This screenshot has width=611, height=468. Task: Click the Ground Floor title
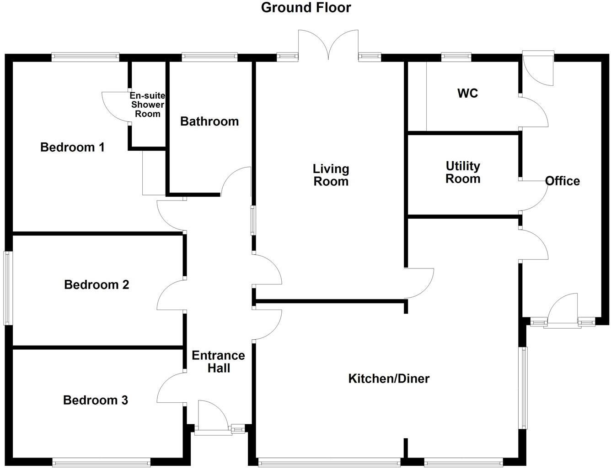(x=306, y=7)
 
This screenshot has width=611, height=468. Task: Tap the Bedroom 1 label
(x=72, y=147)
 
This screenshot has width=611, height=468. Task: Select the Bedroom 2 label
(x=96, y=285)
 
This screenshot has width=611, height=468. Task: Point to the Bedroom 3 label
(x=95, y=400)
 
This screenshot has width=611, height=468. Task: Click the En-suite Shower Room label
(x=147, y=105)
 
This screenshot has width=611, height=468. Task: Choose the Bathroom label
(x=209, y=121)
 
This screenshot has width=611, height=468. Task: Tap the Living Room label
(x=331, y=175)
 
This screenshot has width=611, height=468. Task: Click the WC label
(x=467, y=94)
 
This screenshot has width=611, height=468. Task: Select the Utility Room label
(x=463, y=173)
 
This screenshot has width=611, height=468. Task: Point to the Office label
(x=563, y=181)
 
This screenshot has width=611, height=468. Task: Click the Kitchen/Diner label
(x=389, y=379)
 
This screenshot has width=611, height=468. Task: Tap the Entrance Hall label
(x=218, y=362)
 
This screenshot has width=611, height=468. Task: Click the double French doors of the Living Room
(x=328, y=45)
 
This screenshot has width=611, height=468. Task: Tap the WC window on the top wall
(x=456, y=57)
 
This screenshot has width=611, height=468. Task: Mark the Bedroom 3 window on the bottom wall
(x=101, y=463)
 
